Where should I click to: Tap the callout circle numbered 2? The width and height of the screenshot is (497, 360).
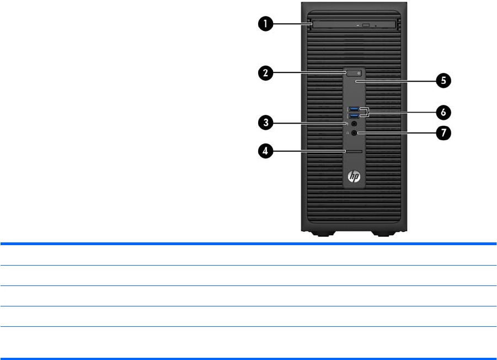click(266, 74)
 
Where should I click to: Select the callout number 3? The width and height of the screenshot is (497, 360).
click(266, 123)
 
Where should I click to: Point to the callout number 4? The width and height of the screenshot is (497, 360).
click(266, 150)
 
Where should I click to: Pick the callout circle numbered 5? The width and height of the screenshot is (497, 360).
click(443, 81)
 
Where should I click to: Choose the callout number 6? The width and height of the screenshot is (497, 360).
click(443, 112)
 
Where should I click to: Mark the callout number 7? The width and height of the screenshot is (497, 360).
click(443, 133)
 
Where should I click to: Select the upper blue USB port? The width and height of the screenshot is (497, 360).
click(354, 108)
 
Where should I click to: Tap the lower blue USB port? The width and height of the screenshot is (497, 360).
click(354, 115)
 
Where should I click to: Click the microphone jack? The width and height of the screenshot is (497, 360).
click(354, 124)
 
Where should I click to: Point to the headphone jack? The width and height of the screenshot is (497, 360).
click(354, 133)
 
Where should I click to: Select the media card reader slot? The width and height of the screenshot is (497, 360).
click(354, 150)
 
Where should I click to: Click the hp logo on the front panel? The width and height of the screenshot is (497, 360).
click(354, 177)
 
